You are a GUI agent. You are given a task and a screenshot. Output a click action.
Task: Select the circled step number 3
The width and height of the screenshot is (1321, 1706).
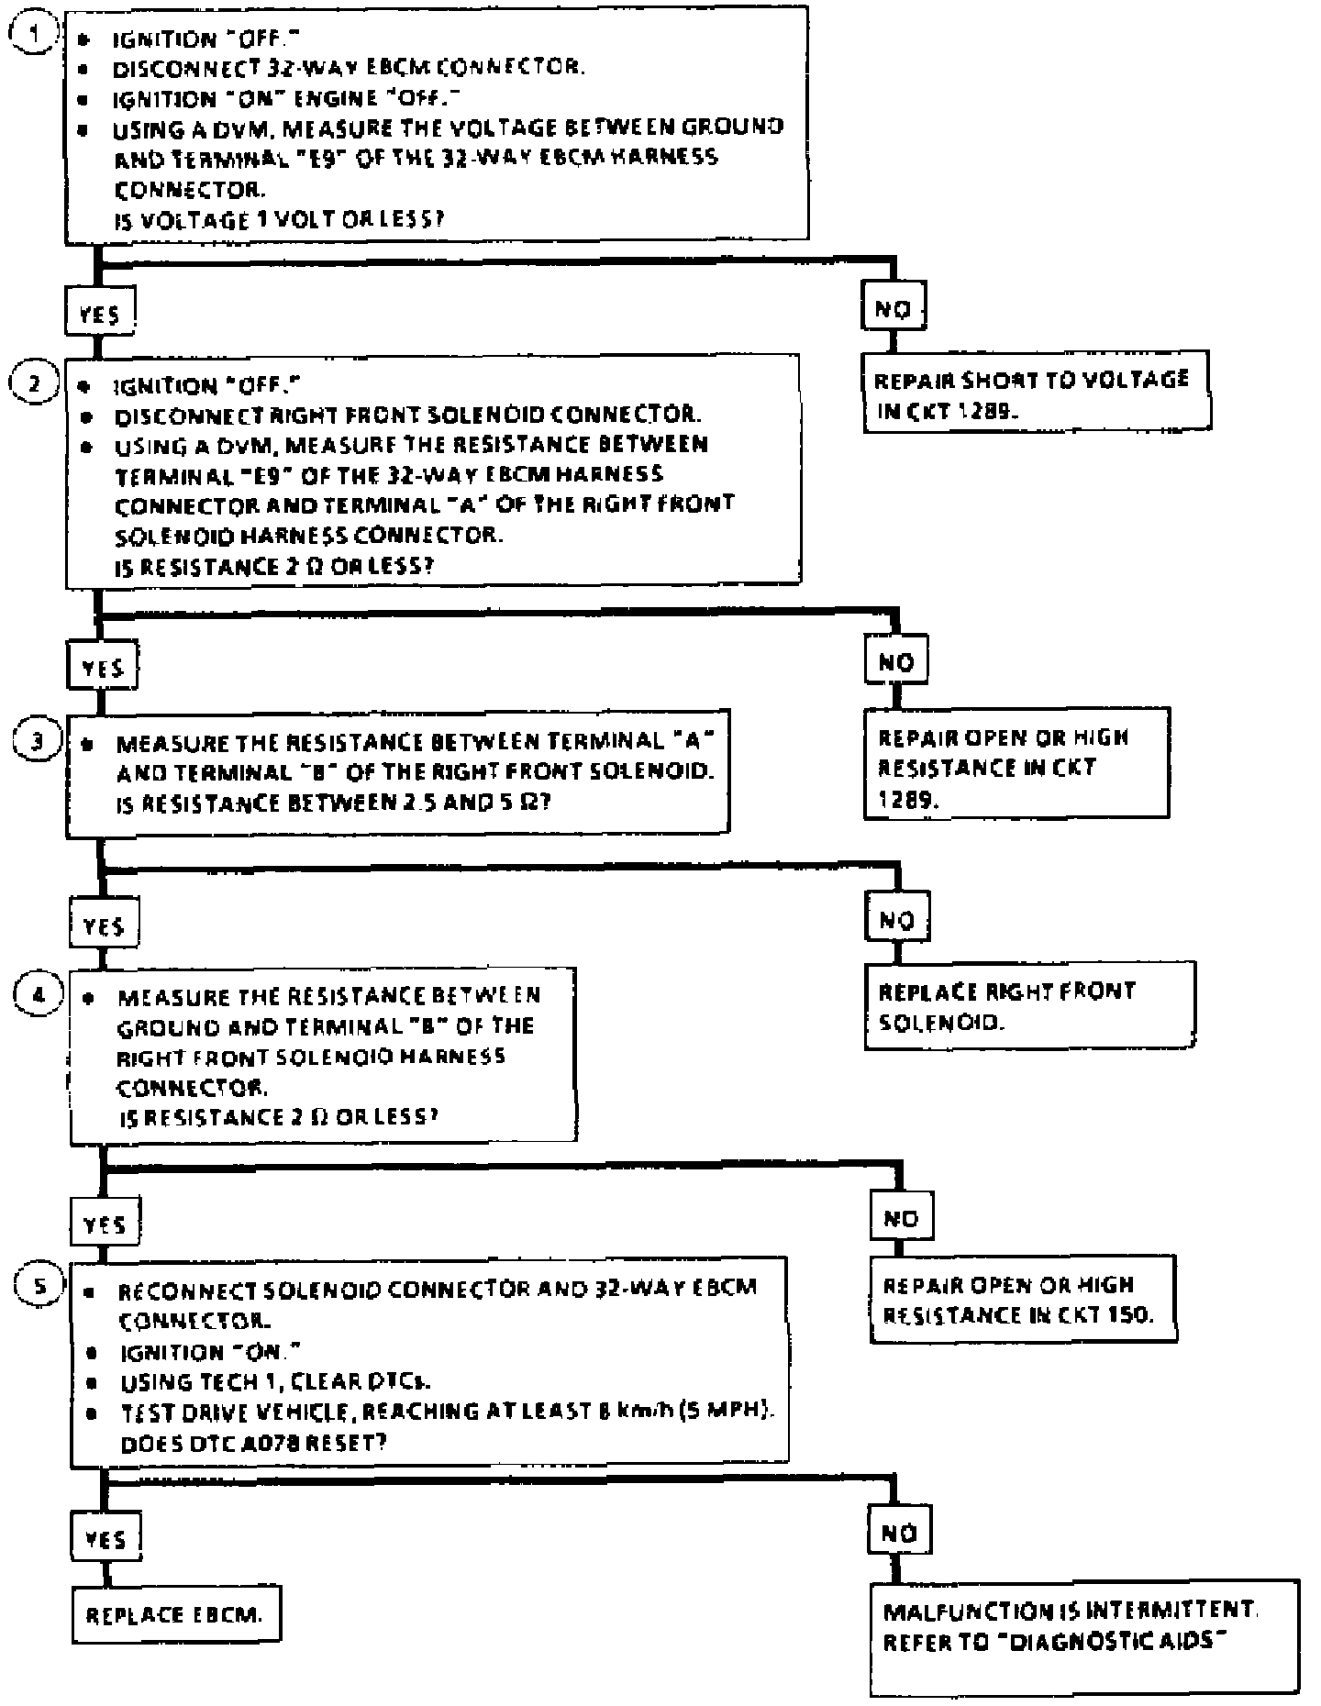pos(39,740)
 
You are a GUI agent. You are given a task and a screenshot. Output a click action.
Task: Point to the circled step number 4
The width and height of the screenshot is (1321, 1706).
pos(39,995)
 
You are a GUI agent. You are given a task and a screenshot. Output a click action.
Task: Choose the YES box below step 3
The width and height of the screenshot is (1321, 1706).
pos(104,925)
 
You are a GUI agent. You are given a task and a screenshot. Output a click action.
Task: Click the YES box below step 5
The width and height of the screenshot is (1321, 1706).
pos(105,1538)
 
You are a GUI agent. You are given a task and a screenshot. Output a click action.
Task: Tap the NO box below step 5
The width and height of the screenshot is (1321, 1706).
pos(899,1533)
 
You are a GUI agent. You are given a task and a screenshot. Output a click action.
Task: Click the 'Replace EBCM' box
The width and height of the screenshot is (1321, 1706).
pos(175,1614)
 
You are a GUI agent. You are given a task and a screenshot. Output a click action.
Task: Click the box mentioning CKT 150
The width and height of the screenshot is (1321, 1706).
pos(1022,1301)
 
